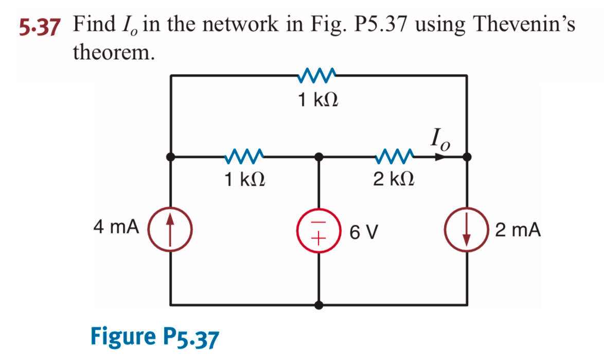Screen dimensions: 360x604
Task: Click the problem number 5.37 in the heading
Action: pyautogui.click(x=37, y=25)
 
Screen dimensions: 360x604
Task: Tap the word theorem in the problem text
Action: pyautogui.click(x=114, y=51)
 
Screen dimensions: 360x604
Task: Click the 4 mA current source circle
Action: pyautogui.click(x=170, y=227)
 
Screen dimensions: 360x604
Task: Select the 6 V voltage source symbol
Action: pyautogui.click(x=319, y=230)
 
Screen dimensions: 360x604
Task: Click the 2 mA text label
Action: pyautogui.click(x=518, y=230)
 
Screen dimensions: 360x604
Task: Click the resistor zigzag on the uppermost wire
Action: pyautogui.click(x=317, y=75)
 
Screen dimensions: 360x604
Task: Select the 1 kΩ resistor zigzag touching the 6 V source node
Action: pyautogui.click(x=245, y=154)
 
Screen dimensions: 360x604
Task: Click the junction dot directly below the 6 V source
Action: pyautogui.click(x=319, y=305)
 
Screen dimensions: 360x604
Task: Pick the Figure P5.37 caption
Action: pyautogui.click(x=154, y=337)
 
